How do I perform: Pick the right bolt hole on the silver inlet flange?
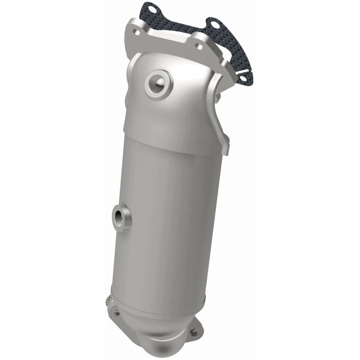(199, 45)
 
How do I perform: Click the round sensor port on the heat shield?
(158, 83)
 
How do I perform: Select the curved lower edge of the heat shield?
(175, 150)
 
